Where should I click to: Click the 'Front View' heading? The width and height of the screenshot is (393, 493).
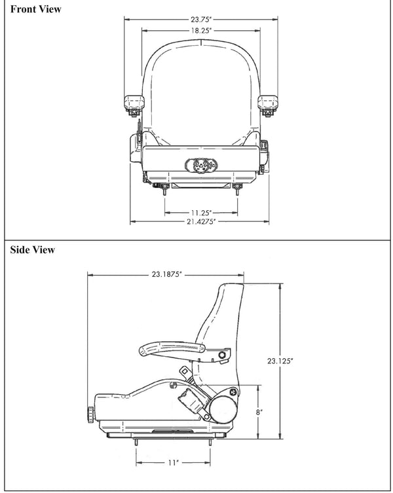click(x=36, y=9)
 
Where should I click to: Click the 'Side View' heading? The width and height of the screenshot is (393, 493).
click(x=33, y=250)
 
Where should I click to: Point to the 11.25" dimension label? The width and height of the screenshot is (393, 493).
click(x=200, y=212)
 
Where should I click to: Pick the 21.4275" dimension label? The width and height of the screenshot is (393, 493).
click(x=199, y=222)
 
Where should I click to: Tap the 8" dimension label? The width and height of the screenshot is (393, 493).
click(x=259, y=412)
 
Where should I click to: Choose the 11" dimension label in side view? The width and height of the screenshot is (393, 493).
click(x=173, y=462)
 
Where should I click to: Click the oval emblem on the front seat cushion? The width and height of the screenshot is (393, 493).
click(x=200, y=166)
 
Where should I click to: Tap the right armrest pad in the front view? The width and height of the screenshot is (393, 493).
click(x=268, y=101)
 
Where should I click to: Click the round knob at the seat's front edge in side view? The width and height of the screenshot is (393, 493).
click(x=89, y=414)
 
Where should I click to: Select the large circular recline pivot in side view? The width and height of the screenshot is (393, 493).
click(x=225, y=411)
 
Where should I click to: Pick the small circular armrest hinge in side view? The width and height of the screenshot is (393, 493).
click(x=221, y=355)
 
